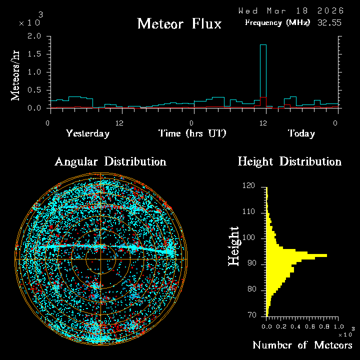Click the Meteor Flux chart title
click(x=179, y=23)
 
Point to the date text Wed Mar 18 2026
click(x=290, y=10)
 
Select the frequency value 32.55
click(x=329, y=22)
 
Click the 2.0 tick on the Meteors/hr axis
click(x=34, y=36)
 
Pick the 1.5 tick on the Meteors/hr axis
click(x=34, y=54)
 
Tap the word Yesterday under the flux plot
click(x=87, y=133)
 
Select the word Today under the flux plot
click(x=301, y=133)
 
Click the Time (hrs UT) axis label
click(x=192, y=133)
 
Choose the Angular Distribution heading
click(x=110, y=162)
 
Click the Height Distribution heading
click(x=289, y=162)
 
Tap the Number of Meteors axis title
click(x=302, y=345)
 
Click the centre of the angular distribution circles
click(x=100, y=259)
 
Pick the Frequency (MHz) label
click(x=277, y=22)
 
